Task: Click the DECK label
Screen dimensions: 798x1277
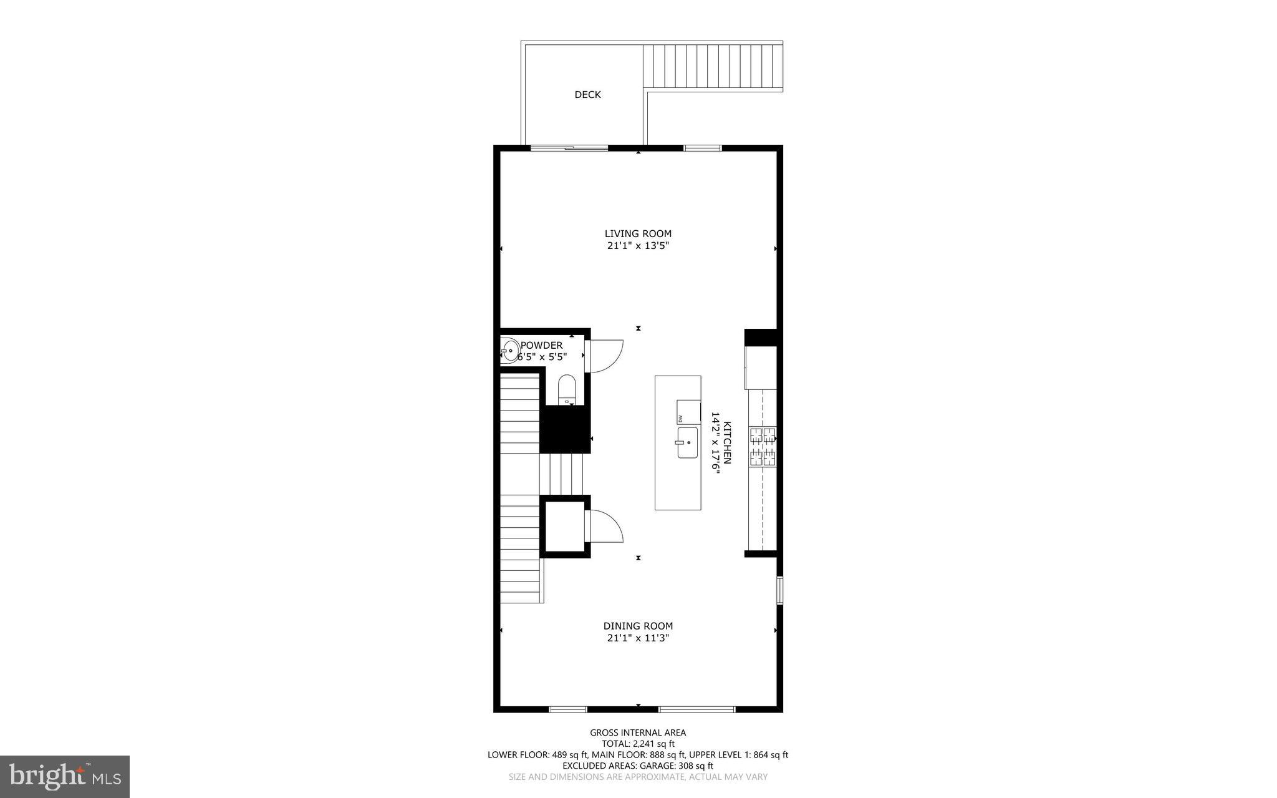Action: tap(587, 95)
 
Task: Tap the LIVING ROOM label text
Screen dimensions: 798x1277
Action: tap(638, 234)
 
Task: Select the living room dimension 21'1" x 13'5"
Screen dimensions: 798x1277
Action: tap(638, 246)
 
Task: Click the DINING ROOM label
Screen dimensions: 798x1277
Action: tap(638, 626)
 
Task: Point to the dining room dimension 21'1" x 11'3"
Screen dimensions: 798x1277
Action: tap(638, 638)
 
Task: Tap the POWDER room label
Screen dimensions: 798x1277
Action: tap(541, 345)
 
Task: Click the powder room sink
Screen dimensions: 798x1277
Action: tap(510, 351)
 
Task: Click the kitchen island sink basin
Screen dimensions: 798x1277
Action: tap(687, 442)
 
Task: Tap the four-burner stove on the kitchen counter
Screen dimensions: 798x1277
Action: tap(763, 447)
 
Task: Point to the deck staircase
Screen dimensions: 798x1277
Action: tap(713, 66)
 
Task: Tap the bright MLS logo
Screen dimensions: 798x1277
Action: tap(65, 777)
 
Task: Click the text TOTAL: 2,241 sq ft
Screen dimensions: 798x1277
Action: tap(638, 744)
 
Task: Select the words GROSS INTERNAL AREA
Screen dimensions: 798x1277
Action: tap(638, 732)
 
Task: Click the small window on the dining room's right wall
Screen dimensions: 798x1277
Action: tap(779, 590)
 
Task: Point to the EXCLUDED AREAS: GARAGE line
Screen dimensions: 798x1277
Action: tap(638, 766)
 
